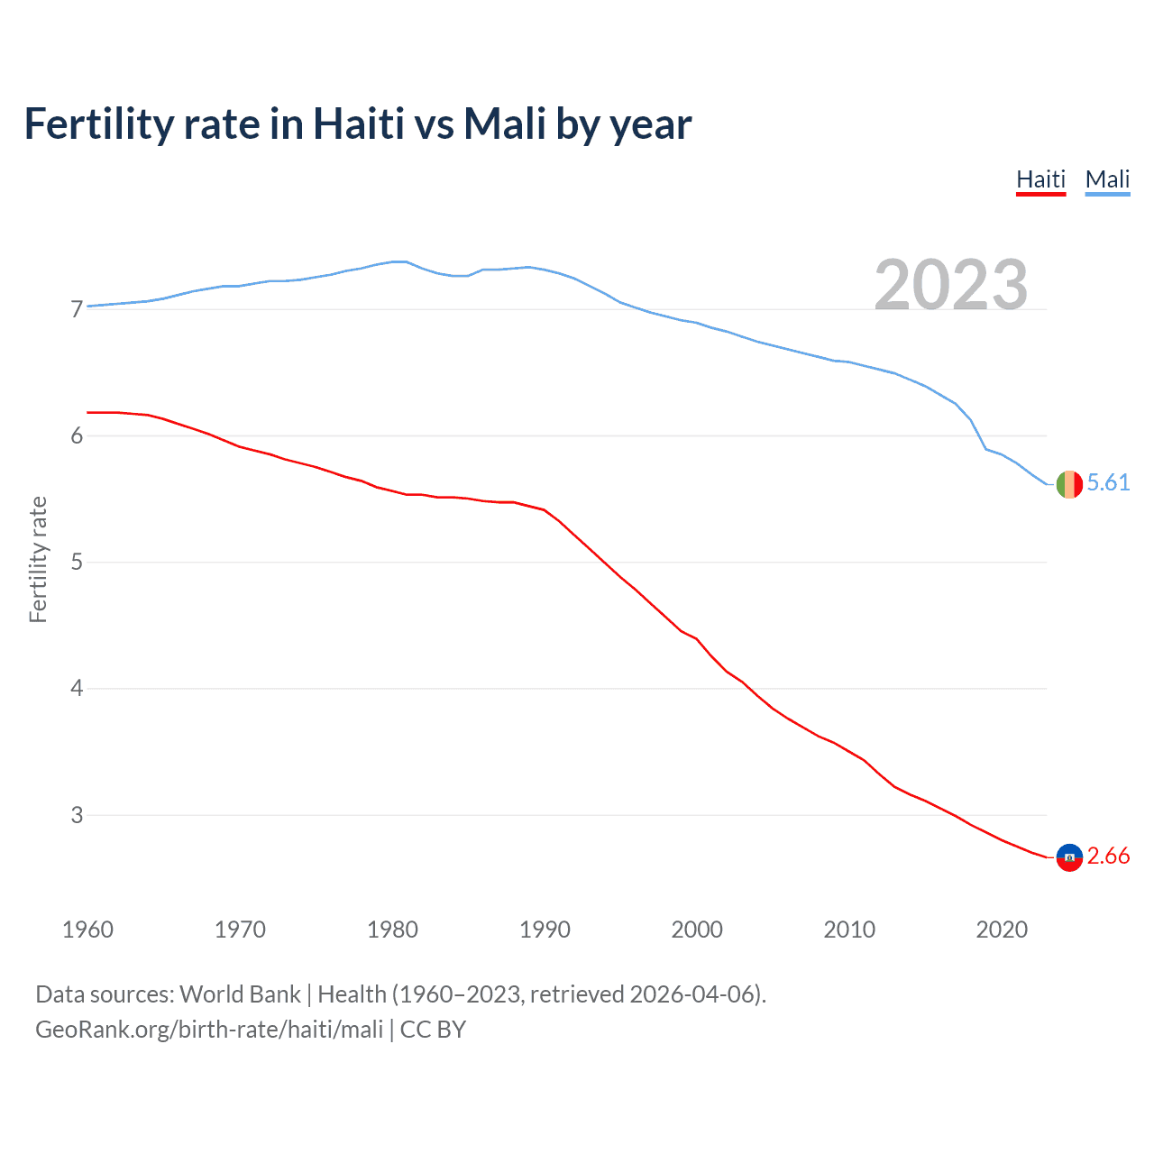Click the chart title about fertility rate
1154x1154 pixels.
click(x=358, y=124)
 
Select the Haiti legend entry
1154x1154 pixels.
click(x=1040, y=179)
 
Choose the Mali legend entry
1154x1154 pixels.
click(x=1107, y=179)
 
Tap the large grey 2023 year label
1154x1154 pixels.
click(x=950, y=285)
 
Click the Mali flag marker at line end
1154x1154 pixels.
click(x=1069, y=484)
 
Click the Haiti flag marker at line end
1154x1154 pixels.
click(x=1069, y=857)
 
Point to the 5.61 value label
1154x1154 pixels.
click(x=1108, y=483)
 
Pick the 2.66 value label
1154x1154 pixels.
click(x=1108, y=856)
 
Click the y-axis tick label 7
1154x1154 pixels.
click(x=77, y=310)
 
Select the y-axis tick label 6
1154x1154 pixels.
click(x=77, y=436)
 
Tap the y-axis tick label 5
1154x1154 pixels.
click(x=77, y=563)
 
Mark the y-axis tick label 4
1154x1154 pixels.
click(x=77, y=689)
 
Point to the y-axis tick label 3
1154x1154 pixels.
click(x=77, y=815)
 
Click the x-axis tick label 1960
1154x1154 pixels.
click(x=87, y=930)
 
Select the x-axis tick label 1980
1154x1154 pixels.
click(x=392, y=930)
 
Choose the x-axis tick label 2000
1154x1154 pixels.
click(x=697, y=930)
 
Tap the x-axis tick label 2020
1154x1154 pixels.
click(x=1002, y=930)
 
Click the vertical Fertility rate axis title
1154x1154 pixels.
click(x=38, y=560)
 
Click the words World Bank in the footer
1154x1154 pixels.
click(x=240, y=994)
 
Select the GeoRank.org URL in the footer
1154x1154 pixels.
click(x=209, y=1030)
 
